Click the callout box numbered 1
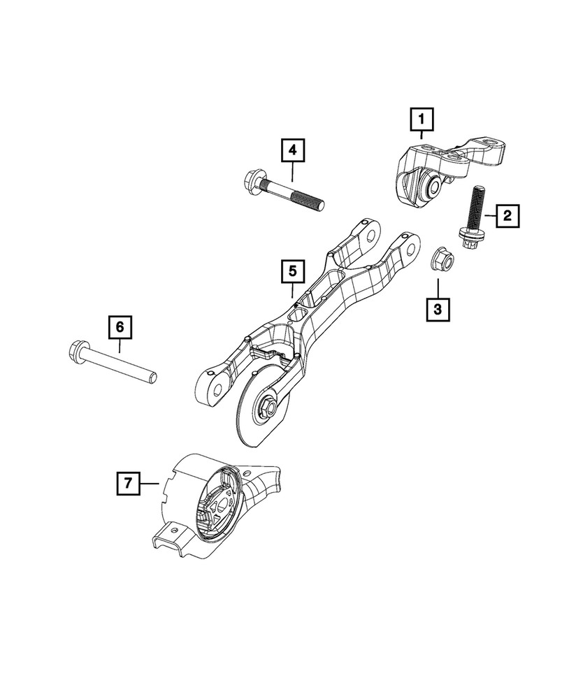pos(422,120)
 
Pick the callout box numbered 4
pos(293,150)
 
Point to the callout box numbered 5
pos(293,271)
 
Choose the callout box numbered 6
pos(120,326)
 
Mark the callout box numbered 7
pos(127,482)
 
